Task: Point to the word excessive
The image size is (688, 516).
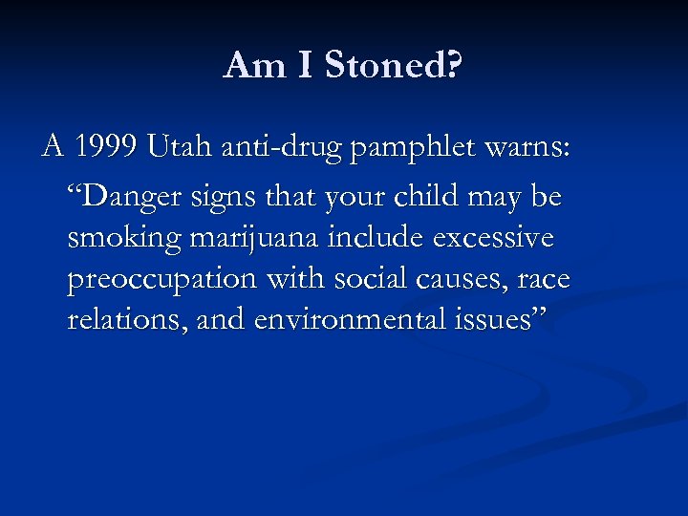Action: (493, 237)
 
